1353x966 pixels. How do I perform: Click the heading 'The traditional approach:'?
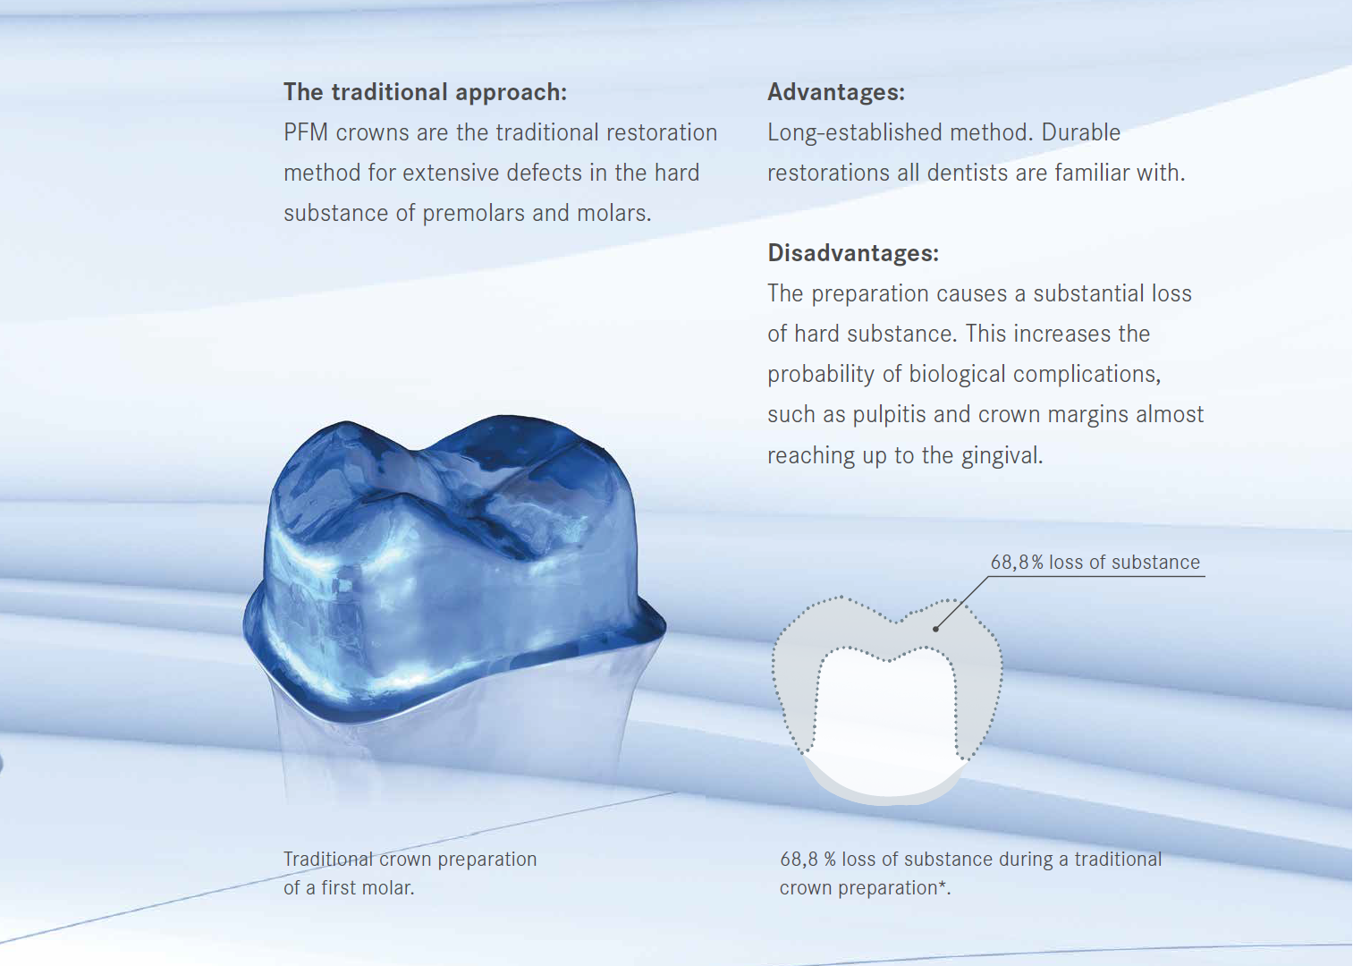426,92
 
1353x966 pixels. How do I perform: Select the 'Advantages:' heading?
836,92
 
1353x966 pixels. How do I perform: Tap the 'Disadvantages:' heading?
853,253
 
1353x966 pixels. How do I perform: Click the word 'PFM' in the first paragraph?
306,132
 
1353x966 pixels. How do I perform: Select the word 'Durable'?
1080,132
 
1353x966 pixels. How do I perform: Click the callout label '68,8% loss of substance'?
1095,563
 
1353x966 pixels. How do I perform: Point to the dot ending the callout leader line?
935,629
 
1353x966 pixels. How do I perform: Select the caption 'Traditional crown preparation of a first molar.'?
410,874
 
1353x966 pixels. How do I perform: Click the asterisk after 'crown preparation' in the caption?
942,885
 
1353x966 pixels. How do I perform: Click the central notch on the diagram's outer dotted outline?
896,621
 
